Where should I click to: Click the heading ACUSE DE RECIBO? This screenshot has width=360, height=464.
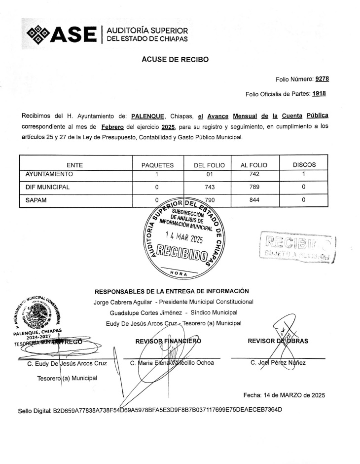coord(175,59)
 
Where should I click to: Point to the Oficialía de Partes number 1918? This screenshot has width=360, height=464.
coord(318,94)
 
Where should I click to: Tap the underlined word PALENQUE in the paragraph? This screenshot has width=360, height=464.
coord(147,116)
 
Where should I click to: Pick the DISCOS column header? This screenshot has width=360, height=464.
coord(304,165)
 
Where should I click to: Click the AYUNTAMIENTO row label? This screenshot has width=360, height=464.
coord(49,174)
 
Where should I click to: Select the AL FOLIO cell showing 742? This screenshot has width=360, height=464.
coord(254,174)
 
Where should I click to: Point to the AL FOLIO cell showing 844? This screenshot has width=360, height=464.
coord(254,200)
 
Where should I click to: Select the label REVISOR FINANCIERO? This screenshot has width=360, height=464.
coord(168,341)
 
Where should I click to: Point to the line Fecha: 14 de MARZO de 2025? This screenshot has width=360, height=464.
coord(284,395)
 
